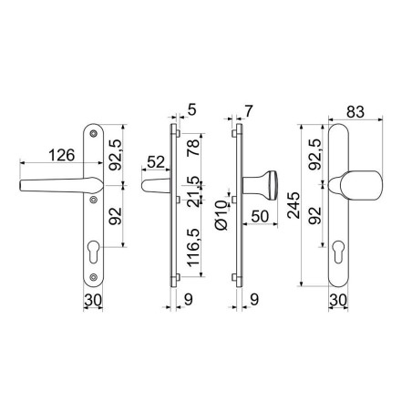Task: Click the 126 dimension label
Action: [62, 155]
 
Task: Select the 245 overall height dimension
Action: [294, 205]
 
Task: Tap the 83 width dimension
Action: [355, 112]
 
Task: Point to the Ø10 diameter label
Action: [221, 215]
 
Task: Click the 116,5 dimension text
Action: [193, 247]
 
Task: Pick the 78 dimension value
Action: [193, 148]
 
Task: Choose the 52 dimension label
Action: [156, 162]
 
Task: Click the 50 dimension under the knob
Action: [260, 216]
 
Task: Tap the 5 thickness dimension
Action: [191, 109]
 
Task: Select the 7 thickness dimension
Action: [249, 111]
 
